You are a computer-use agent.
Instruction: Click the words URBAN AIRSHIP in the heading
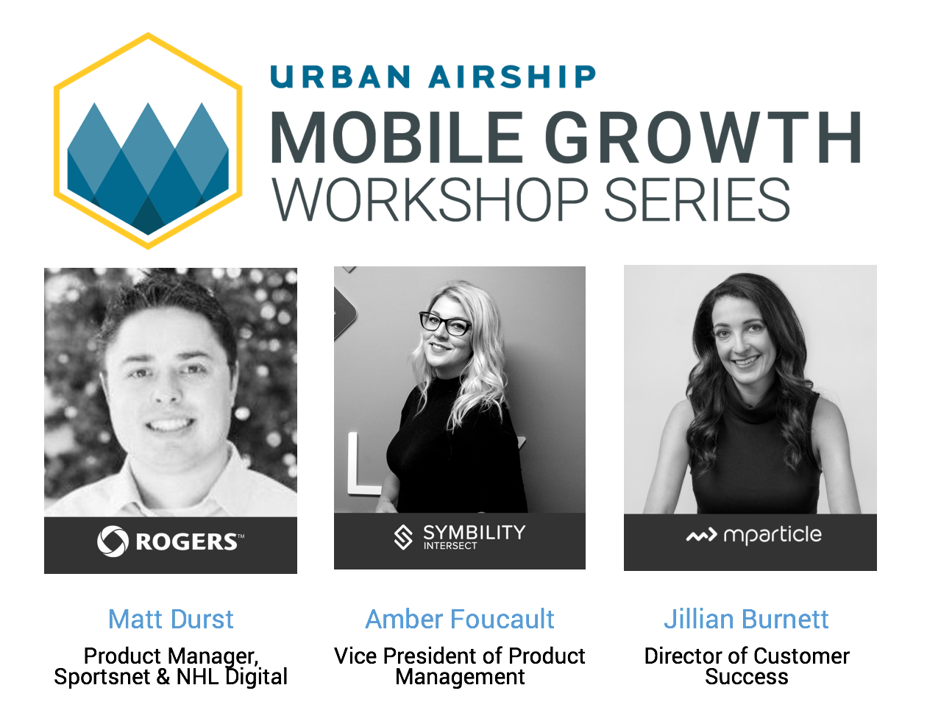click(x=433, y=77)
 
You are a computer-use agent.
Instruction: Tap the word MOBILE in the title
click(x=397, y=138)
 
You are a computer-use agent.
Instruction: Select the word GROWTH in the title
click(x=703, y=138)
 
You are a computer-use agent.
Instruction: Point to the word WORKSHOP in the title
click(x=430, y=200)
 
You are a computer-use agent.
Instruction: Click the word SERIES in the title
click(x=697, y=200)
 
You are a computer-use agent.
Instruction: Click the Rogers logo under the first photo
click(x=171, y=542)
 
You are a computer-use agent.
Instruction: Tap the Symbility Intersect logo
click(x=460, y=537)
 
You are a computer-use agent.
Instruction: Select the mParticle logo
click(x=753, y=535)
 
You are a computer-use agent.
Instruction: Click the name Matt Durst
click(x=171, y=619)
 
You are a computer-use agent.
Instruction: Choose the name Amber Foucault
click(x=460, y=619)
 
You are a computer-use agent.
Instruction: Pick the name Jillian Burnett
click(x=746, y=619)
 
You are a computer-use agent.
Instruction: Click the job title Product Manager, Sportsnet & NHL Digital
click(x=171, y=666)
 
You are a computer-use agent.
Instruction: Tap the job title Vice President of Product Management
click(x=460, y=666)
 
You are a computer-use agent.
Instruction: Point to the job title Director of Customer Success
click(x=746, y=666)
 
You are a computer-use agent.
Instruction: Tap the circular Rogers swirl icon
click(x=113, y=542)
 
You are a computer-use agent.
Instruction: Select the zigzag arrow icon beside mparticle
click(x=701, y=536)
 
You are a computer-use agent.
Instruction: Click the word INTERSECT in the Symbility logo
click(x=450, y=546)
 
